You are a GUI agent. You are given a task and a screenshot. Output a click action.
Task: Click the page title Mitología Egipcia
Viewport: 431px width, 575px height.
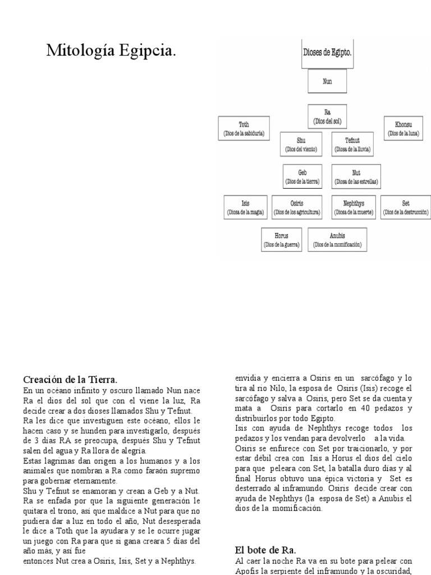[111, 52]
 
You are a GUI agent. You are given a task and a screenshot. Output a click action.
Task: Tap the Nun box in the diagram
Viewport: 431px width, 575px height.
[327, 81]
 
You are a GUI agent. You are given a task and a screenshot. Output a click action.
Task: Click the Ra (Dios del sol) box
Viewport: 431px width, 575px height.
[327, 116]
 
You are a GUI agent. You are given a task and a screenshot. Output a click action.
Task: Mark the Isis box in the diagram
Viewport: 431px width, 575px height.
[245, 208]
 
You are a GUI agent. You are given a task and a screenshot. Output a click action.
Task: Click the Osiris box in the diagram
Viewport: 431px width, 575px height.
[297, 208]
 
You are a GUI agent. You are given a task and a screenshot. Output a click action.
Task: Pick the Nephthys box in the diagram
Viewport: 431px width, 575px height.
[354, 208]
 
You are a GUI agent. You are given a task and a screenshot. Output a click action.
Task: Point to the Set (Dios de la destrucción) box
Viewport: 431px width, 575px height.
[406, 208]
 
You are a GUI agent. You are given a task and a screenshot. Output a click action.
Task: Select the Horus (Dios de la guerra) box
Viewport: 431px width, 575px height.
[282, 240]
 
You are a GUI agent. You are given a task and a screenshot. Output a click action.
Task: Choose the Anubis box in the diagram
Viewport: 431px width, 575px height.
[337, 240]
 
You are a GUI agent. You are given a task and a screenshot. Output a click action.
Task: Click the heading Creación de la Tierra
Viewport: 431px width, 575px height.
[70, 379]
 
